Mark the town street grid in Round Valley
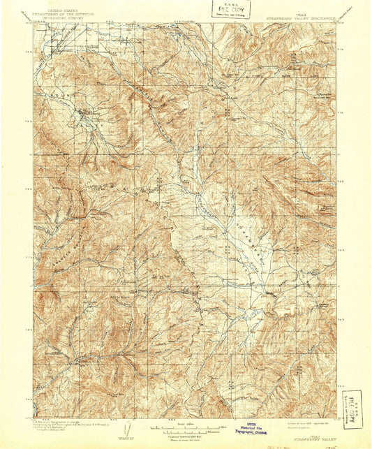pyautogui.click(x=84, y=112)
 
